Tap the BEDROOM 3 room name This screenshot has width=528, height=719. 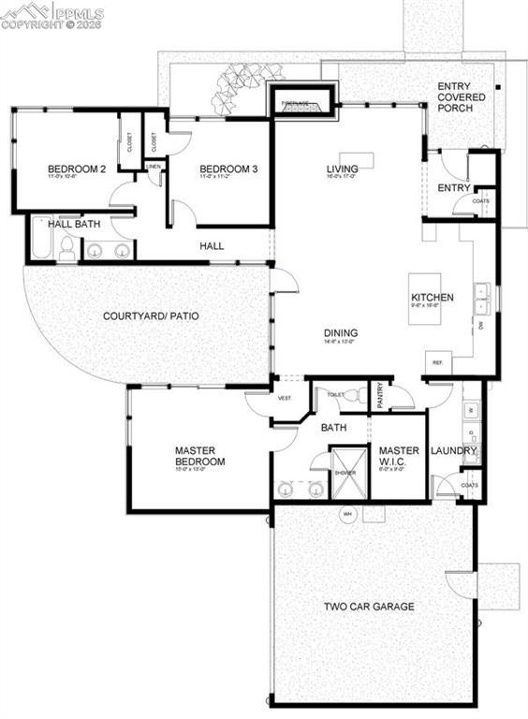[227, 169]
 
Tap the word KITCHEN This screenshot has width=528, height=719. [433, 298]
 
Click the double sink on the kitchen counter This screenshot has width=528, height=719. [483, 297]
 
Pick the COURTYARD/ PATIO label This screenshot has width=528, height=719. [150, 316]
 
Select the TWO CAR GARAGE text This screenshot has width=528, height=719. [369, 607]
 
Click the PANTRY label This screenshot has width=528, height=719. [380, 394]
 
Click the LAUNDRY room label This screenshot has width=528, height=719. [454, 450]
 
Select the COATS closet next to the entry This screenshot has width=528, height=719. [481, 201]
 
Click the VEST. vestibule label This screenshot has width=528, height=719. [286, 399]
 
